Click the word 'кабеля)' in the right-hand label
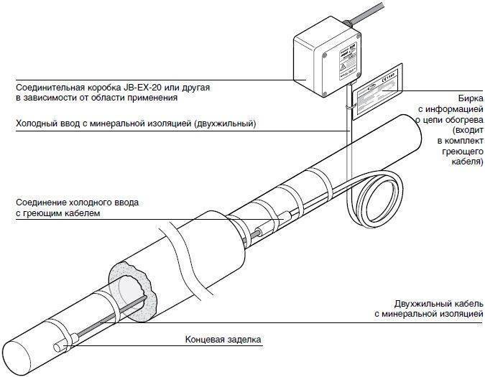[x=467, y=163]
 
